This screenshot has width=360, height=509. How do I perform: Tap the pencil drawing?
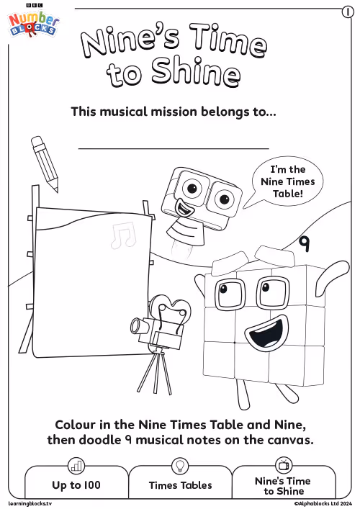[45, 164]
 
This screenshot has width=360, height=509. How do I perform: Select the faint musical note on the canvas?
[123, 235]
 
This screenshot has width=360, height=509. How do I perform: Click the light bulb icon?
[180, 466]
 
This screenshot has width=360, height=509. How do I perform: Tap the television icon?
[284, 465]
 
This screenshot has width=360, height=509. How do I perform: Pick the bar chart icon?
[76, 466]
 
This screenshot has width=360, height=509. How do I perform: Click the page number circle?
[348, 12]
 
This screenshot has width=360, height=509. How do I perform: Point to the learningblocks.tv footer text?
[30, 503]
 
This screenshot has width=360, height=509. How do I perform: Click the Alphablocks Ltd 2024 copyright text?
[323, 503]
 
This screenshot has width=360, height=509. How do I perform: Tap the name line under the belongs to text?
[174, 149]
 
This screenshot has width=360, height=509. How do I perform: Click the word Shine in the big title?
[196, 72]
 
